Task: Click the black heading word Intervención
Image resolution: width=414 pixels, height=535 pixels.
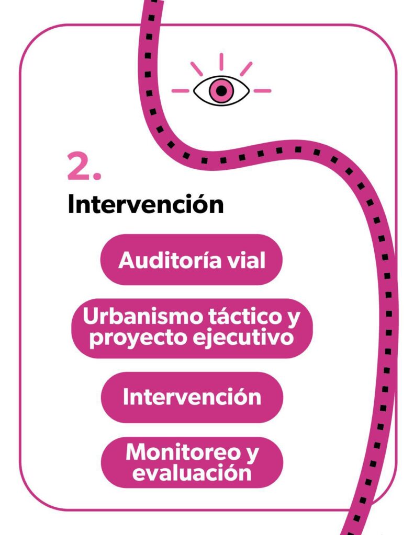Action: pyautogui.click(x=146, y=204)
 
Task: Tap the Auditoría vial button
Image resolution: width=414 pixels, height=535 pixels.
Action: pyautogui.click(x=192, y=260)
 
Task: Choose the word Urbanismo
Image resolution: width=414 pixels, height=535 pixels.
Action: pyautogui.click(x=143, y=316)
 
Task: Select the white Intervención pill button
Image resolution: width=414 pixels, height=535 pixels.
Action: pyautogui.click(x=192, y=397)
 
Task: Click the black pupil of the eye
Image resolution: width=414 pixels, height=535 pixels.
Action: pyautogui.click(x=221, y=90)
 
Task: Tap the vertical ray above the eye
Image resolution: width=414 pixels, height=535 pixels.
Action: pyautogui.click(x=221, y=62)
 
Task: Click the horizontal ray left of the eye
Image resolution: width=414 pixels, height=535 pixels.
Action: pyautogui.click(x=180, y=91)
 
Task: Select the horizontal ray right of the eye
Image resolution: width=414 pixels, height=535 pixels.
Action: pyautogui.click(x=263, y=91)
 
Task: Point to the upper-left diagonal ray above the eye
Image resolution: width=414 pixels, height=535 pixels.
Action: pyautogui.click(x=197, y=68)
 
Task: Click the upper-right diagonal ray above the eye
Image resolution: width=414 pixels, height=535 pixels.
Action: pyautogui.click(x=246, y=68)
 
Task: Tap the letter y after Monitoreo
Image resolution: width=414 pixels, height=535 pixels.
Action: pyautogui.click(x=252, y=455)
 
